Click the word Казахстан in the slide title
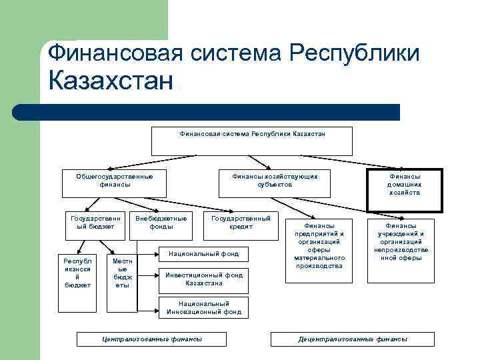pyautogui.click(x=111, y=81)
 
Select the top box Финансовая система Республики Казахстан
pyautogui.click(x=252, y=141)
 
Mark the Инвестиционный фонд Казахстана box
pyautogui.click(x=204, y=279)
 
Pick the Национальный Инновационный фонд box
pyautogui.click(x=204, y=307)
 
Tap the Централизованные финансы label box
pyautogui.click(x=151, y=339)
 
